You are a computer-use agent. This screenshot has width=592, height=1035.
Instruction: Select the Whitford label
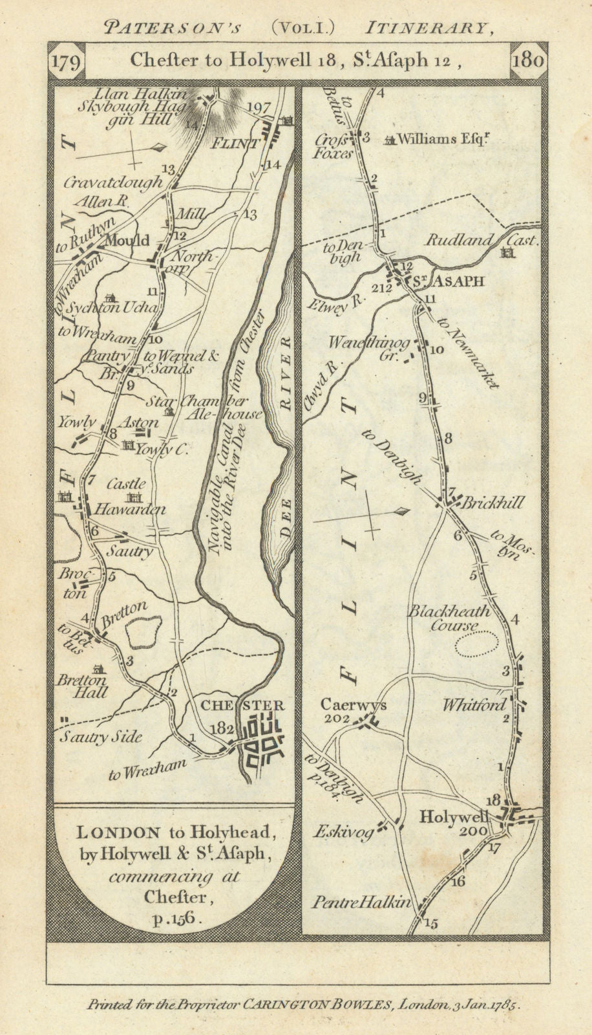(474, 705)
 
